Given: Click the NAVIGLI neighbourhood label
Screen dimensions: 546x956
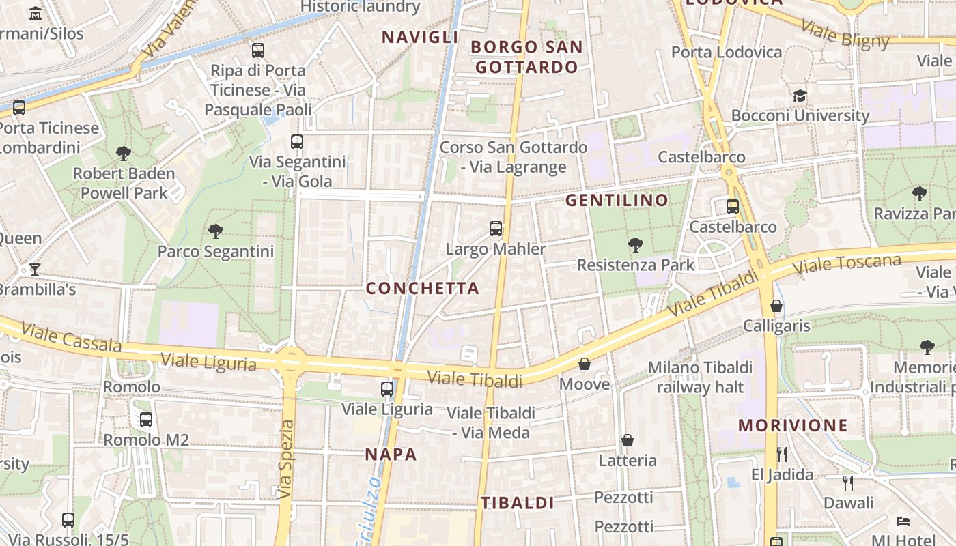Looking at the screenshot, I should [x=419, y=37].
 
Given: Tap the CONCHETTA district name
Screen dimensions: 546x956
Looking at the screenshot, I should [x=423, y=288].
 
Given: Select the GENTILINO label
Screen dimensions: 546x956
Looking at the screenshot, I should [x=617, y=200].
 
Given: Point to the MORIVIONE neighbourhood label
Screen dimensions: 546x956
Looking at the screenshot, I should [x=793, y=425].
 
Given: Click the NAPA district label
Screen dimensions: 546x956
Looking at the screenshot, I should [x=391, y=455].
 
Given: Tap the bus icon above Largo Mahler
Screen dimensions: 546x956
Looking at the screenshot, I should [x=496, y=229].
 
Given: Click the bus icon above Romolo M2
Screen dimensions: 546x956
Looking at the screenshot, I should [x=145, y=420].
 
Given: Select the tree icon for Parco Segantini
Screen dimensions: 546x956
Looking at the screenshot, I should [x=216, y=231].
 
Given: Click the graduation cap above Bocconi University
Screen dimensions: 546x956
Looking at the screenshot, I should [x=800, y=96].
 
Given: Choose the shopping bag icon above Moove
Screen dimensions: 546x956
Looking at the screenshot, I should [x=585, y=364].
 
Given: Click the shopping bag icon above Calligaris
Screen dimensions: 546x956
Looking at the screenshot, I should [x=776, y=305].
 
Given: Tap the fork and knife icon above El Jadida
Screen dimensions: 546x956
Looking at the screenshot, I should [x=782, y=454].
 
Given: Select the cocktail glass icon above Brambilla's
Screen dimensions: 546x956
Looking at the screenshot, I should [x=35, y=269].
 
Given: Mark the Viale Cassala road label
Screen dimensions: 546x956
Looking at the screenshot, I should [x=71, y=337].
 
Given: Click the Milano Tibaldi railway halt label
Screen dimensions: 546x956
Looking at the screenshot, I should [x=700, y=377].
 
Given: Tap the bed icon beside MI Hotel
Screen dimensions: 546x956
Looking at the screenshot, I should [x=903, y=521].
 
